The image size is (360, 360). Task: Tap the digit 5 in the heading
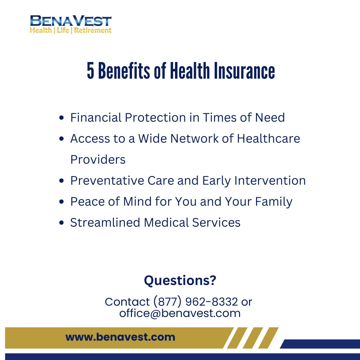(x=91, y=71)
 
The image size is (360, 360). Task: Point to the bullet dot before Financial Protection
(x=61, y=118)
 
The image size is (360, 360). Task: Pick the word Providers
(x=98, y=160)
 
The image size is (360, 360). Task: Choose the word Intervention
(x=270, y=181)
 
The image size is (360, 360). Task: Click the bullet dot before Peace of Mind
(x=61, y=202)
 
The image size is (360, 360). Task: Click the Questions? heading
(x=180, y=281)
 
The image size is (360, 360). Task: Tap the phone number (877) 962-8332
(x=196, y=302)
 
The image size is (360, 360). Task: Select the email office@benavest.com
(x=180, y=313)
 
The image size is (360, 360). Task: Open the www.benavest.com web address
(x=120, y=337)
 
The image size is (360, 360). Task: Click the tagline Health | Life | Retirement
(x=70, y=30)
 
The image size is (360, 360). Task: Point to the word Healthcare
(x=268, y=139)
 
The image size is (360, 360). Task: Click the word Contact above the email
(x=127, y=302)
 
